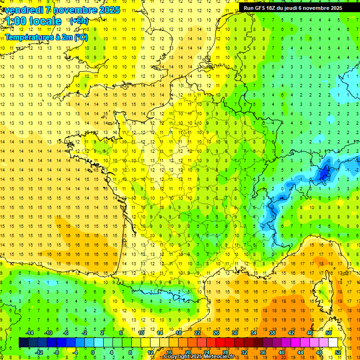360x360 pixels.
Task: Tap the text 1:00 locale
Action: [33, 21]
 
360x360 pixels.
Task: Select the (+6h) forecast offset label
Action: [78, 21]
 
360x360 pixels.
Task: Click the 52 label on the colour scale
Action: [338, 352]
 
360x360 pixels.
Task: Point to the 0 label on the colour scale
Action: [93, 352]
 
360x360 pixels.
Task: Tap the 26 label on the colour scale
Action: [216, 333]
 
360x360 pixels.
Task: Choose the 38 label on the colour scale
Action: [272, 333]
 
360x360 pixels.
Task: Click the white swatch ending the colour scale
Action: [333, 342]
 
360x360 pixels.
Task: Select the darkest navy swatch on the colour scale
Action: [23, 342]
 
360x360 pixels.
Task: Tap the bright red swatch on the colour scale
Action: [220, 342]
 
